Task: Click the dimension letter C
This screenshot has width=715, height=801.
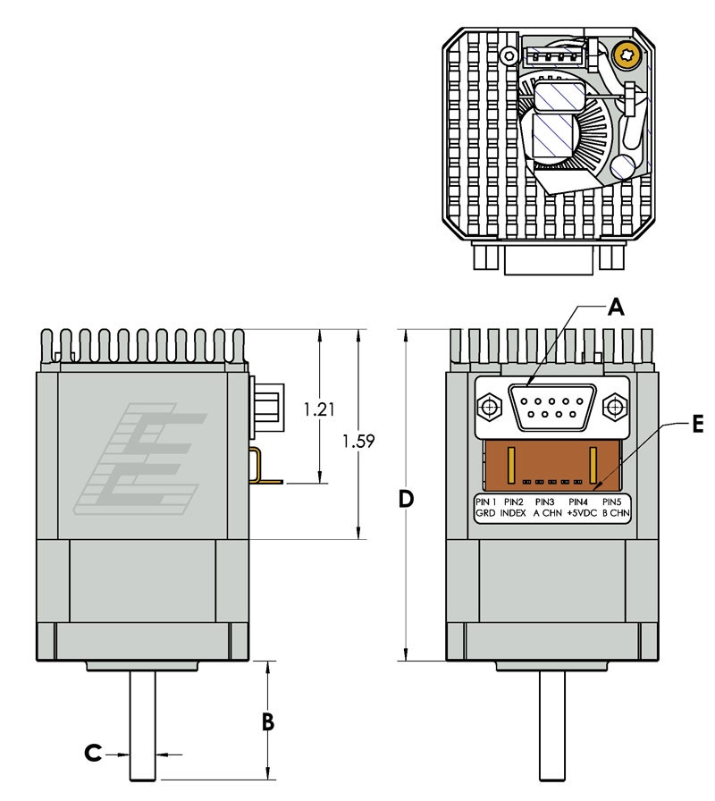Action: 94,754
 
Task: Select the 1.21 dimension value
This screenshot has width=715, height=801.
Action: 318,410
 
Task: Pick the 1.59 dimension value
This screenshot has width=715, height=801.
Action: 358,441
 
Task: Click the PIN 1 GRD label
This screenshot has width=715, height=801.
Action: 485,508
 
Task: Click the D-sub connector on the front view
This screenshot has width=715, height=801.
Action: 552,408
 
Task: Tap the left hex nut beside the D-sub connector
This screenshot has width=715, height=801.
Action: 490,409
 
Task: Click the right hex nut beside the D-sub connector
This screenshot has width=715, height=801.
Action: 616,409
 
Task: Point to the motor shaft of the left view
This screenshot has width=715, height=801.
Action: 143,724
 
